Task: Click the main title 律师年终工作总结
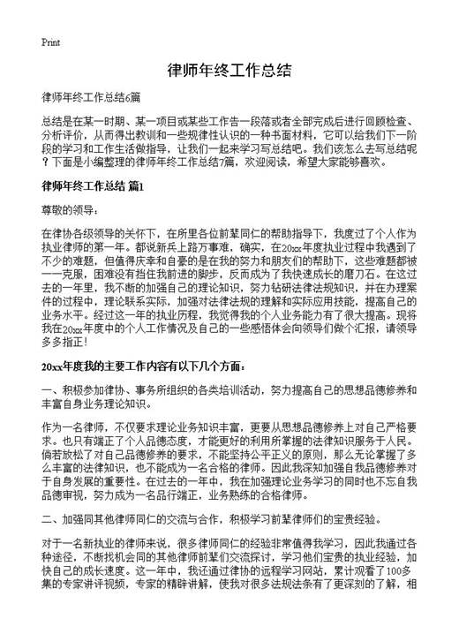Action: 229,72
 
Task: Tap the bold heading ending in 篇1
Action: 94,186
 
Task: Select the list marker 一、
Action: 49,389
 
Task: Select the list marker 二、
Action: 49,521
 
